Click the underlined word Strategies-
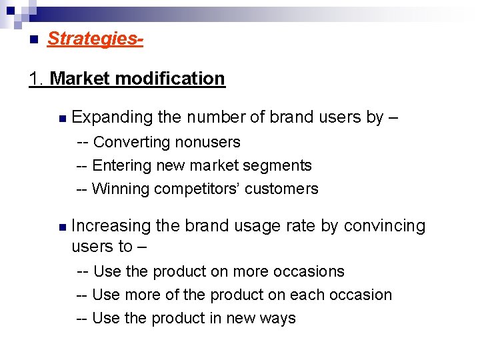(x=95, y=39)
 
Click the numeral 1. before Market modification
(x=37, y=79)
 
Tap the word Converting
(x=131, y=142)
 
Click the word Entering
(x=121, y=165)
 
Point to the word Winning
(x=120, y=189)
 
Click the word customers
(x=281, y=189)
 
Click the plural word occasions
(x=311, y=271)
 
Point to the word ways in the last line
(x=279, y=319)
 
